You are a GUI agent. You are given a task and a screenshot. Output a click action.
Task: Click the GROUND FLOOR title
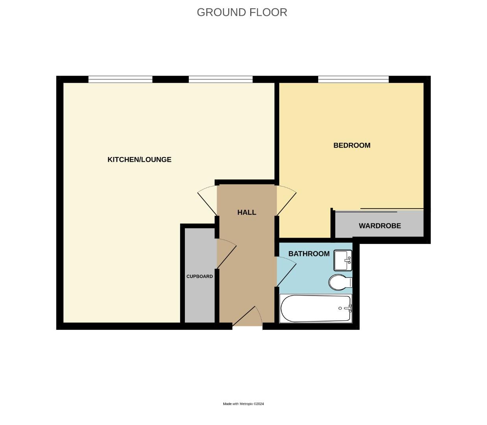tap(242, 12)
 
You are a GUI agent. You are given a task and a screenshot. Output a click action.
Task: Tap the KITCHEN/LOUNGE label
tap(139, 159)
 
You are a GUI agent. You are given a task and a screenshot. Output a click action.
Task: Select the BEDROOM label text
tap(352, 145)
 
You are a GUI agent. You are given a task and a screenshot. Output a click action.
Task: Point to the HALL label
tap(247, 213)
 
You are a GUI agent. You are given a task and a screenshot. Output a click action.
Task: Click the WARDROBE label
tap(380, 226)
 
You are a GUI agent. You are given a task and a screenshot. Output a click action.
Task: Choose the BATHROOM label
tap(309, 254)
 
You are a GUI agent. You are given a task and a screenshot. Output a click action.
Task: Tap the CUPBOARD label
tap(199, 277)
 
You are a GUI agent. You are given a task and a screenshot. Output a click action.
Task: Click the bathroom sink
tap(343, 260)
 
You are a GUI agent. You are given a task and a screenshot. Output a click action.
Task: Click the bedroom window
tap(353, 79)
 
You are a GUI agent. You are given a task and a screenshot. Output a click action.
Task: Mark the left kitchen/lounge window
tap(120, 79)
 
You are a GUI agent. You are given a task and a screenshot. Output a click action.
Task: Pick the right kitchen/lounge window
tap(220, 79)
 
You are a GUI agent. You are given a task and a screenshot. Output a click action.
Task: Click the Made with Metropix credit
tap(243, 404)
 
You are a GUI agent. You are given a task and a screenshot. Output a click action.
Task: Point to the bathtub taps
tap(346, 309)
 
